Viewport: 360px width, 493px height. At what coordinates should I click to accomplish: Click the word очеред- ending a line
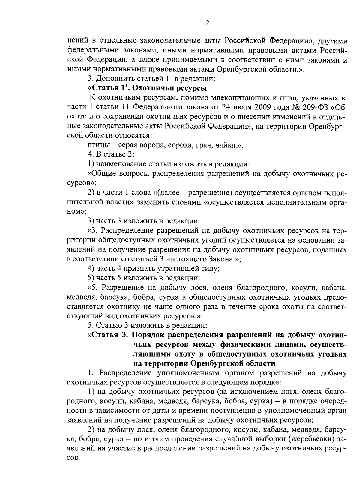tap(332, 402)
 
